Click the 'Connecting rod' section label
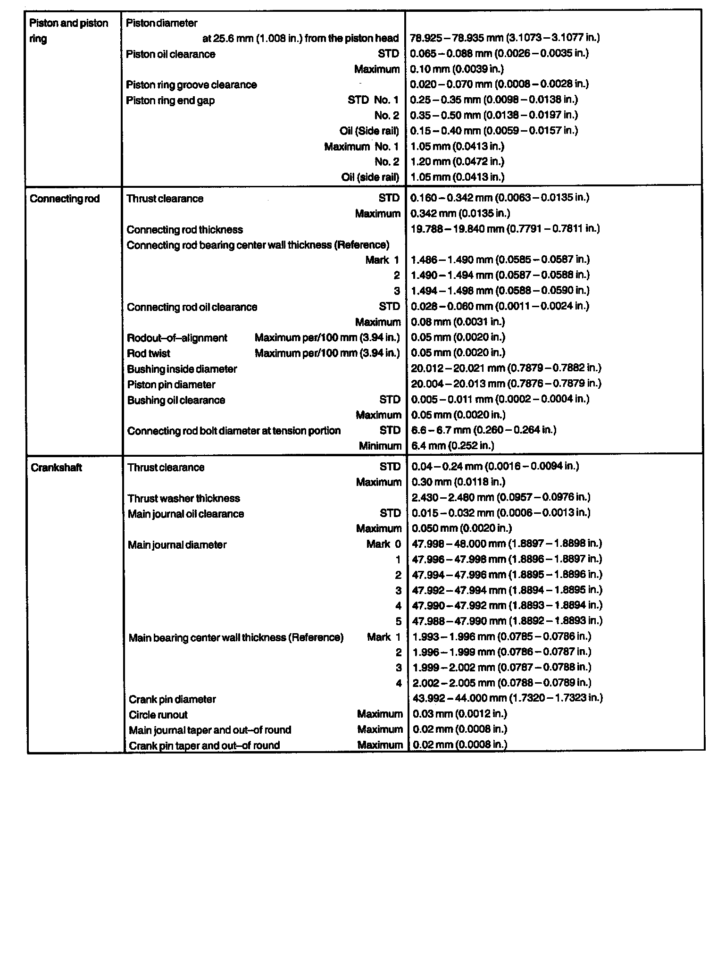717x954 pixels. point(65,199)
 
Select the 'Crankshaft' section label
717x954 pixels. point(56,468)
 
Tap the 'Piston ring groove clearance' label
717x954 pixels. point(191,85)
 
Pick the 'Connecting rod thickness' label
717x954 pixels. point(184,230)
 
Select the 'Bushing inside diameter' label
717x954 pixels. point(182,369)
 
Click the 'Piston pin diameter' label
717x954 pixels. point(171,385)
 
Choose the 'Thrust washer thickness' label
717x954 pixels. point(183,498)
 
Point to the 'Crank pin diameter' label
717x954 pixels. point(172,699)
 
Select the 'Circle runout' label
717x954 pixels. point(158,715)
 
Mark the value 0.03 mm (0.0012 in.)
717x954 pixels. point(459,714)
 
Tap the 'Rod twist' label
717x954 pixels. point(149,353)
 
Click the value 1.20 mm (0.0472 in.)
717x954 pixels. point(457,162)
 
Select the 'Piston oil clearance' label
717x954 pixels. point(170,54)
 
